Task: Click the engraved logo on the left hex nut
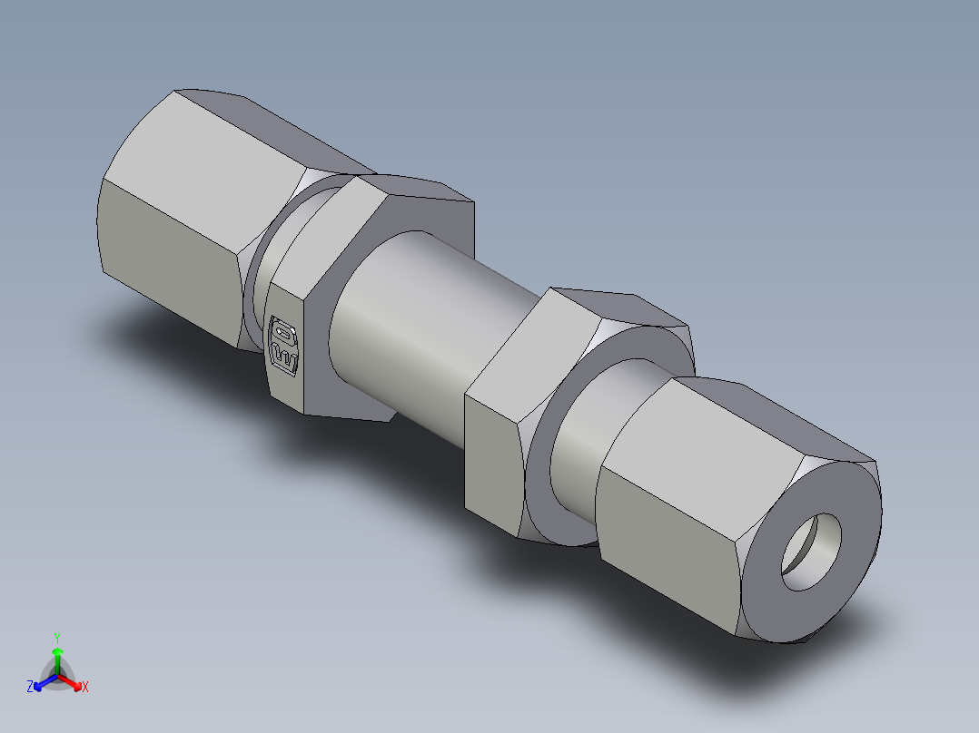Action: pos(284,344)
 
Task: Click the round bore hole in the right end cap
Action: pos(812,552)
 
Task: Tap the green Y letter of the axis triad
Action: pos(56,637)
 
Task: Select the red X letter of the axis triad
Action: pos(84,688)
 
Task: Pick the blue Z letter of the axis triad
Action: pos(30,688)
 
